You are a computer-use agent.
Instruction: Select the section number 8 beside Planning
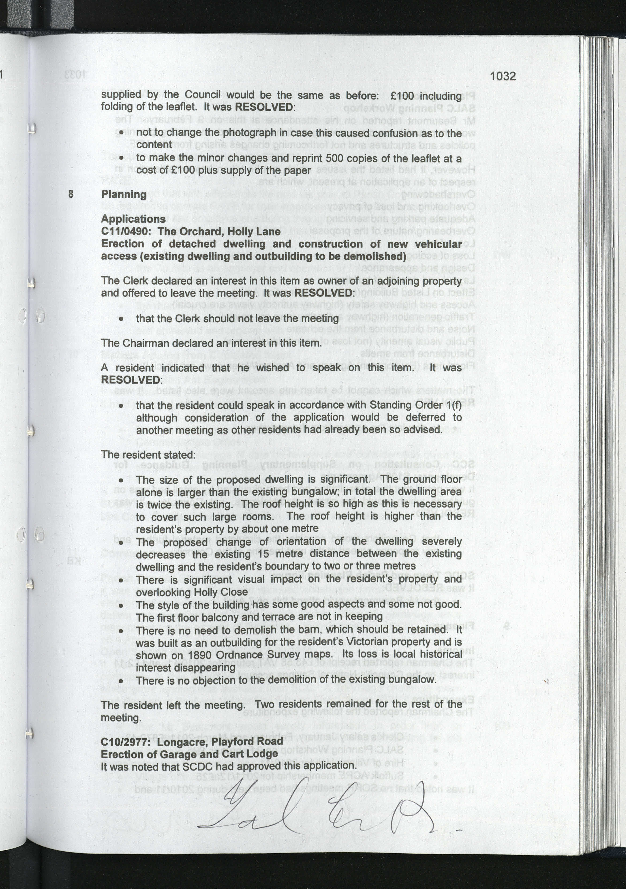point(71,194)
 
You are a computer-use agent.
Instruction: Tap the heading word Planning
point(124,194)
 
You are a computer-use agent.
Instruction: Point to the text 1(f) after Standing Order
point(453,405)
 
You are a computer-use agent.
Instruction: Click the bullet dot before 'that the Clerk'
point(122,319)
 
